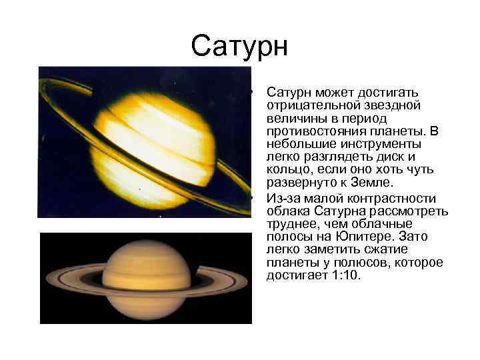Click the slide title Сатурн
tap(239, 47)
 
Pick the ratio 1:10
tap(344, 275)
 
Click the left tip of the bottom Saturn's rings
tap(46, 280)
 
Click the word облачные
tap(385, 223)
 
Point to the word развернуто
tap(299, 183)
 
